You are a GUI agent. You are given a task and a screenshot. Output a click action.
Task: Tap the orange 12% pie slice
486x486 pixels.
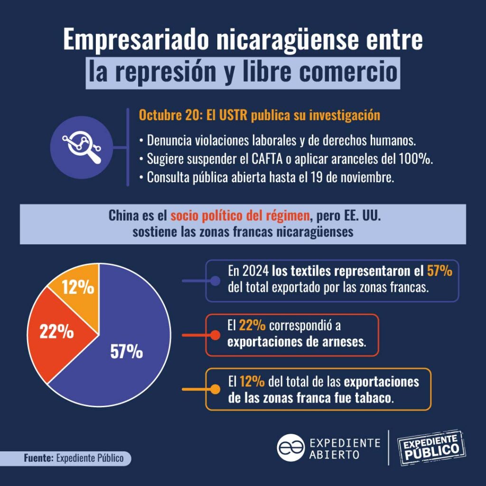[78, 287]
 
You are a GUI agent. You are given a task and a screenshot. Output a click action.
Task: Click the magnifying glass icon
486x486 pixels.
[80, 147]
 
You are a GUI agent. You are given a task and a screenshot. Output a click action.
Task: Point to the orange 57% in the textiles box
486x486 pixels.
[439, 271]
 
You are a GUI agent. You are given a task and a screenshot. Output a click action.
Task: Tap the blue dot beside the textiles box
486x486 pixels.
[215, 280]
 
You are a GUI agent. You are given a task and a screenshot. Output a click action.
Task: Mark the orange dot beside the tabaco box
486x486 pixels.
[215, 389]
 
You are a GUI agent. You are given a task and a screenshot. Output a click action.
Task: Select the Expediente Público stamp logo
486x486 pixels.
[431, 447]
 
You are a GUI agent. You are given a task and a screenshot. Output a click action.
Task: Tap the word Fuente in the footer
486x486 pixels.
[38, 458]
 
